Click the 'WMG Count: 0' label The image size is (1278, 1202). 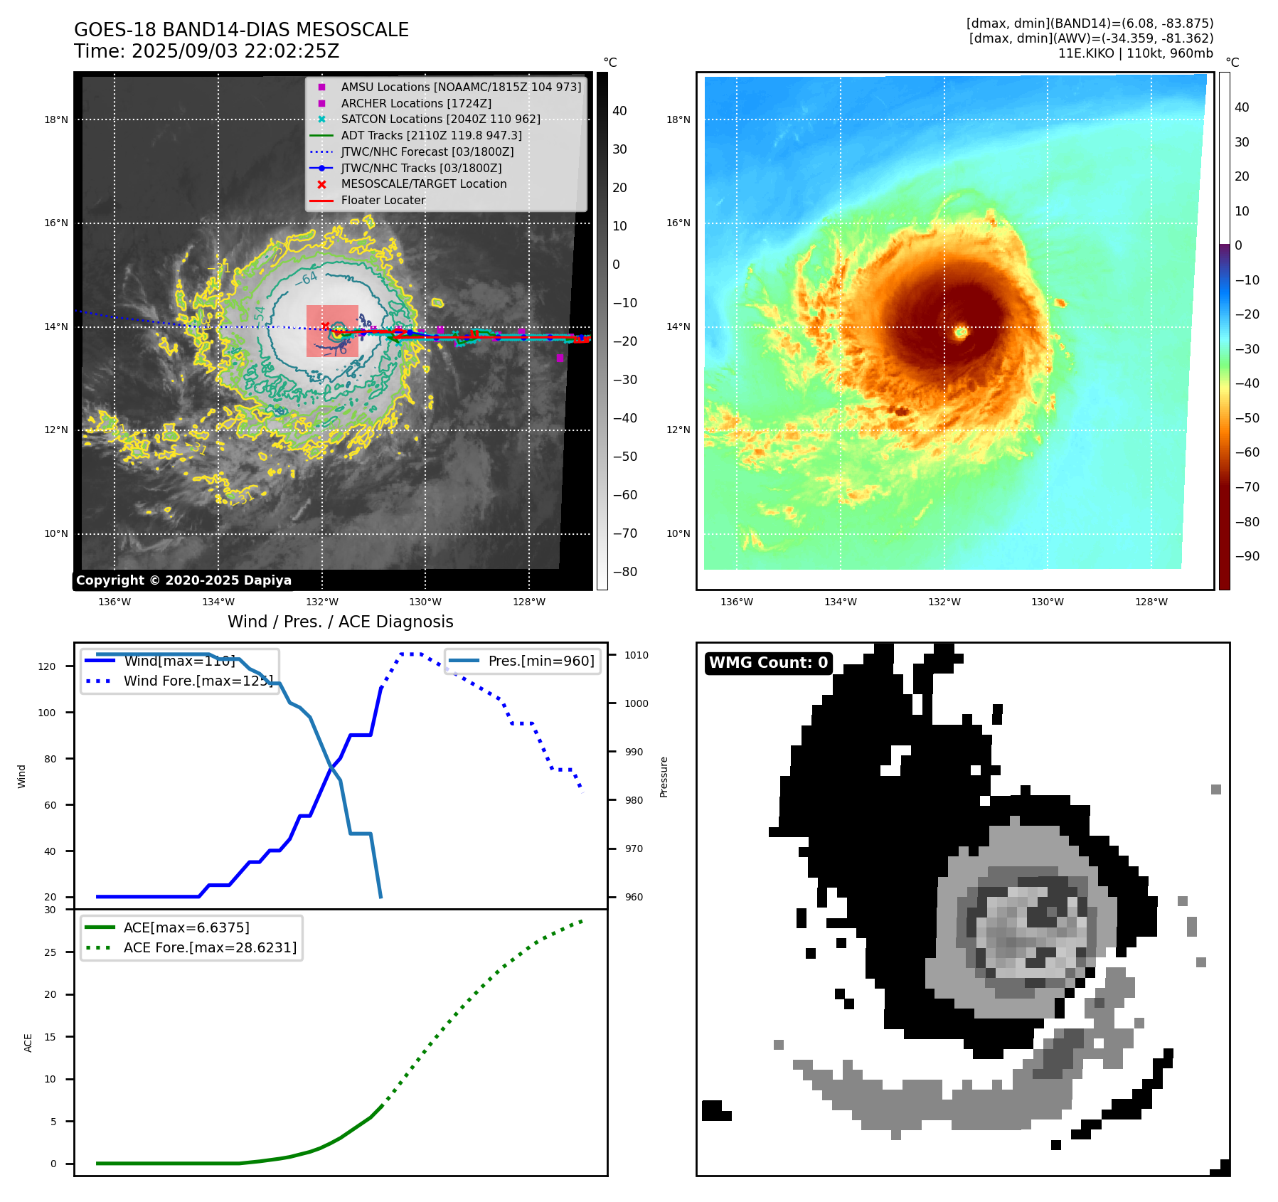[x=768, y=663]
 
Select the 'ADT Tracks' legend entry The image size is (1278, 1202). [x=431, y=135]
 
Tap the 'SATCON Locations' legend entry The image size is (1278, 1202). [x=440, y=119]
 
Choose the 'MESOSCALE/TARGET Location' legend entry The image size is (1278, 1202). [x=424, y=184]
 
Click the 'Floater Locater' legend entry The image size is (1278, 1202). [x=383, y=200]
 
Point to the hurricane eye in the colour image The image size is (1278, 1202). [x=961, y=331]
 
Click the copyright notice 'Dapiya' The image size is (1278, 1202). [x=183, y=580]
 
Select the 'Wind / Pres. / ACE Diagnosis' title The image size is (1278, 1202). [x=340, y=622]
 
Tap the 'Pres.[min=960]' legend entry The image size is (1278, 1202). [x=541, y=661]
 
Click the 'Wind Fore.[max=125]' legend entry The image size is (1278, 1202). [x=198, y=681]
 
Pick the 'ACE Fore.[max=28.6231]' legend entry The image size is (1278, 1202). [x=210, y=947]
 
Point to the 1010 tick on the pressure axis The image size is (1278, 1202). [x=637, y=655]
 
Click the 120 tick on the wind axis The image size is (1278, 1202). [x=47, y=666]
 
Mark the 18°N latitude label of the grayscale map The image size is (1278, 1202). [x=56, y=119]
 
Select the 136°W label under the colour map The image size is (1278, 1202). [x=736, y=602]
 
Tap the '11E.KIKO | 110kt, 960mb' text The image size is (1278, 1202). [x=1135, y=53]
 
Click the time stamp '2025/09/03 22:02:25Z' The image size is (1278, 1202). [x=235, y=51]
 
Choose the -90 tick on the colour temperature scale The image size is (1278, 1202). [x=1247, y=556]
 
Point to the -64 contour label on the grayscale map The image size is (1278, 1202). [x=307, y=278]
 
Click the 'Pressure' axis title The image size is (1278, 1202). [x=664, y=777]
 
